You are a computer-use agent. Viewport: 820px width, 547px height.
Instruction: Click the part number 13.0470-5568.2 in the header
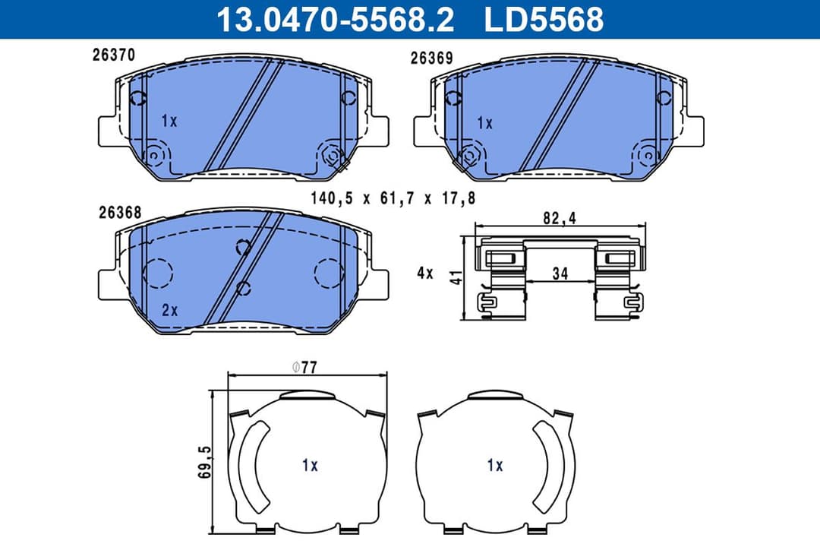pos(335,19)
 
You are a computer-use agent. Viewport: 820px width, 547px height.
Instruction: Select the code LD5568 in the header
pos(544,19)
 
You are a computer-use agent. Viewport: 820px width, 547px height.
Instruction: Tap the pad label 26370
pos(113,55)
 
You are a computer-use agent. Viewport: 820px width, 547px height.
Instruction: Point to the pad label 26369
pos(431,58)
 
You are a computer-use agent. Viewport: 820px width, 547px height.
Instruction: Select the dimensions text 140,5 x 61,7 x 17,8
pos(393,198)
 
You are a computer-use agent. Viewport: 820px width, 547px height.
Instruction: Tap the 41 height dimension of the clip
pos(455,277)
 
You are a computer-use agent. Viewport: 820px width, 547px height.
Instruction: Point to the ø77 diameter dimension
pos(304,368)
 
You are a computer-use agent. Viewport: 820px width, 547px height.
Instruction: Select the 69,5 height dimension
pos(204,462)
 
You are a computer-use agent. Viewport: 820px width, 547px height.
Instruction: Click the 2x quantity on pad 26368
pos(169,310)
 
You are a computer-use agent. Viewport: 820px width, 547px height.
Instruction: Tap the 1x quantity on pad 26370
pos(169,121)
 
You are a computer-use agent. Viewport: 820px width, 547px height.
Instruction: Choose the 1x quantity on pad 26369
pos(484,122)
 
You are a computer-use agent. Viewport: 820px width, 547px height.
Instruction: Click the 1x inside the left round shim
pos(309,466)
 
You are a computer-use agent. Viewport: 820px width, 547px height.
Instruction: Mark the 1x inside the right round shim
pos(495,466)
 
